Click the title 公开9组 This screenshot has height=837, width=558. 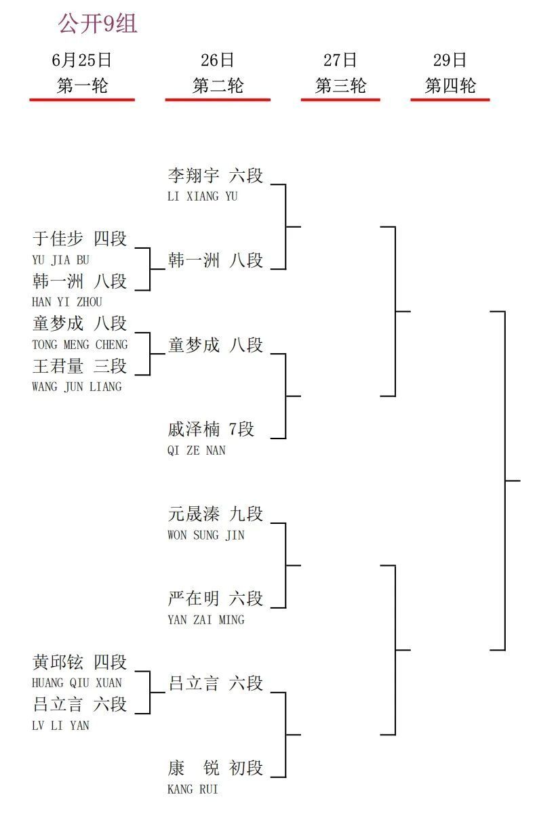[x=98, y=24]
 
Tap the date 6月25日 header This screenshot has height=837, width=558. [x=81, y=60]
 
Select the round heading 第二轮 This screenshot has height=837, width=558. [x=218, y=85]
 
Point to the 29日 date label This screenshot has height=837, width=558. [x=450, y=60]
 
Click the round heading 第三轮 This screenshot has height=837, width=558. [x=340, y=85]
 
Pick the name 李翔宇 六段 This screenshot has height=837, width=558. [x=216, y=176]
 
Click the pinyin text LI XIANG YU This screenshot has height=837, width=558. [x=202, y=196]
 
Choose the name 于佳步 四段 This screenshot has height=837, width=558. [x=79, y=239]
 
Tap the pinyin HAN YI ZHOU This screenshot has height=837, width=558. [x=67, y=302]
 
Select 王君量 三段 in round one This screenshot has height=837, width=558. [x=79, y=366]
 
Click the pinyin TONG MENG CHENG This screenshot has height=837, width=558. [x=80, y=344]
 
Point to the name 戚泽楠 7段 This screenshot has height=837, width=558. [x=211, y=429]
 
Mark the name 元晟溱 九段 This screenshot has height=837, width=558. [x=216, y=514]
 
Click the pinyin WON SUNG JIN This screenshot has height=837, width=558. [x=206, y=535]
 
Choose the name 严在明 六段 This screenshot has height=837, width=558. [x=216, y=598]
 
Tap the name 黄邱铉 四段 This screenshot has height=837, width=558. [x=79, y=662]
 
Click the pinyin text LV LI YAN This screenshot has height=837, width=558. [x=60, y=726]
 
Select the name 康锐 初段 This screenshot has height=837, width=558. [x=216, y=769]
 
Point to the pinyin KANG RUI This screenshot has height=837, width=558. [x=193, y=789]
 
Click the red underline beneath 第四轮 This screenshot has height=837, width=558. [x=450, y=100]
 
